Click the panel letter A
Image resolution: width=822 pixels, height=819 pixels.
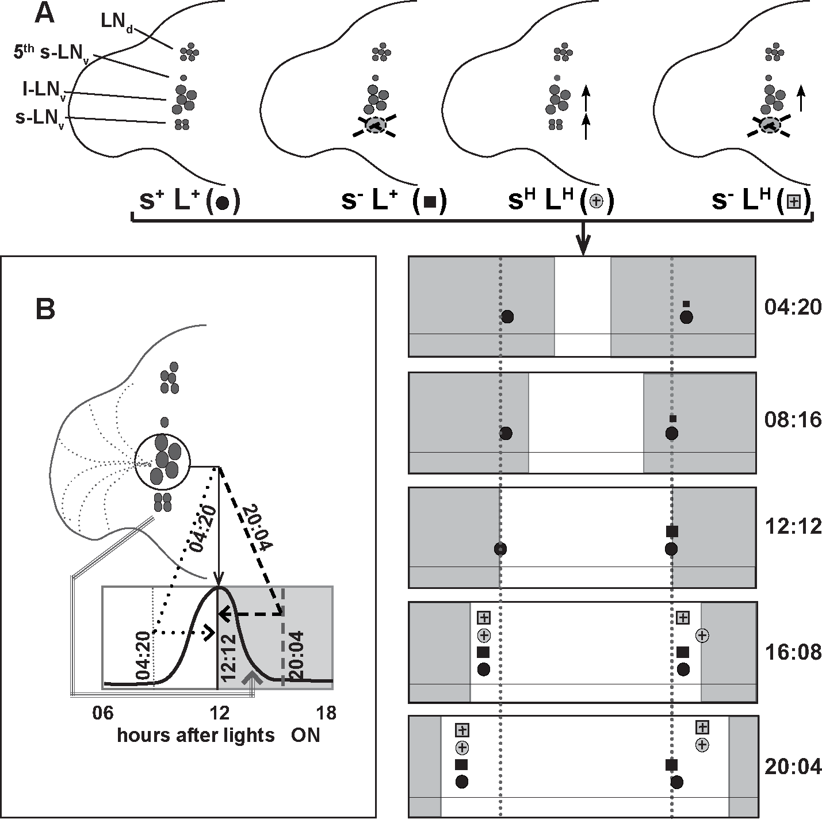pos(45,16)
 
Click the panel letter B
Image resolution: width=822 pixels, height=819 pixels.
pos(45,309)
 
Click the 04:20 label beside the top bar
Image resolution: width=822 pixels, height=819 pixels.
pos(793,307)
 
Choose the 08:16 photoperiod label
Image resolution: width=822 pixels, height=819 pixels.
pos(793,420)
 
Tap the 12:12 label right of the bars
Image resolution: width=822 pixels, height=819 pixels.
pos(793,527)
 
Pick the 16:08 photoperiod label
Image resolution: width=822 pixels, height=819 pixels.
pos(793,652)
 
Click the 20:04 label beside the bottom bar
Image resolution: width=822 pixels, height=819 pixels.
pos(793,767)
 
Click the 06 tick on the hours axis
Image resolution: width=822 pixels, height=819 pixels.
pos(103,713)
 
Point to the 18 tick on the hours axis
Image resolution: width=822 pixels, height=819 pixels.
pos(326,713)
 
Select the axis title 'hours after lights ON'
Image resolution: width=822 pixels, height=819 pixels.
pos(219,735)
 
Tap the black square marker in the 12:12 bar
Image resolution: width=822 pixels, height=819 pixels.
pos(672,531)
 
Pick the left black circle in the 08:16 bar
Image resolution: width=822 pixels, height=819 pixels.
pos(506,434)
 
